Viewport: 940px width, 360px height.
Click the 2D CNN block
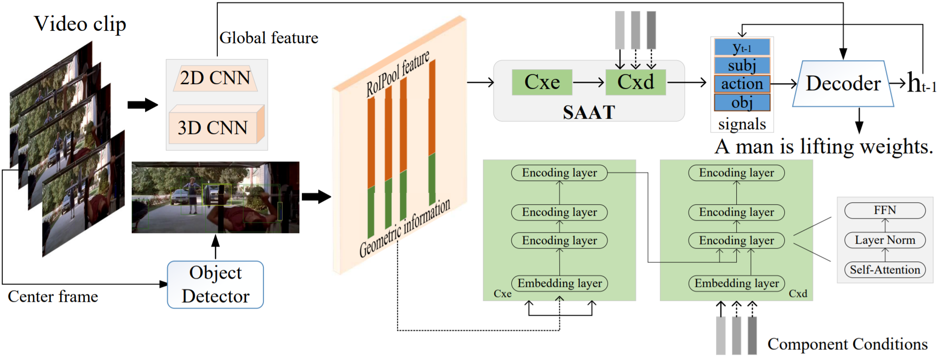point(215,78)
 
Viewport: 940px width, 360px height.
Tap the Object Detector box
point(215,285)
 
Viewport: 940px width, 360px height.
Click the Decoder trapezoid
point(843,84)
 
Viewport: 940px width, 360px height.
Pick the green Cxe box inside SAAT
point(542,82)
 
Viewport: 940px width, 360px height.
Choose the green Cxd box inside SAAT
point(635,82)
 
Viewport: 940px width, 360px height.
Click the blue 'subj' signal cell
point(742,65)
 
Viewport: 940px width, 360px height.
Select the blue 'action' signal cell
point(742,84)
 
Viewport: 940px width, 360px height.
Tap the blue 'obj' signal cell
point(742,102)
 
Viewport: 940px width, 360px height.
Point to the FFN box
point(885,211)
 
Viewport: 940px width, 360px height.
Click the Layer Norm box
point(885,240)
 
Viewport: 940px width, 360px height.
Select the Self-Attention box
point(885,270)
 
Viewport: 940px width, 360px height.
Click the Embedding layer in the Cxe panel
point(559,284)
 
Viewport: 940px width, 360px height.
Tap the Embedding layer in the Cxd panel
point(736,284)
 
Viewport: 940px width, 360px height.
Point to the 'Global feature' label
point(269,38)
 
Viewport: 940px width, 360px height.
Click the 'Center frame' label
point(53,297)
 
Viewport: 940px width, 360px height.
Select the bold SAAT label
point(589,112)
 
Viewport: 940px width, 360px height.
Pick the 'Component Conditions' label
point(847,344)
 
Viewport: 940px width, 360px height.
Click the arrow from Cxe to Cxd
point(589,83)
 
